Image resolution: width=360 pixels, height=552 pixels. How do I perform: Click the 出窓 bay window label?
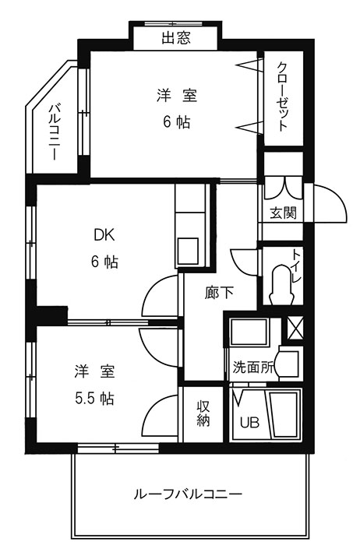point(176,37)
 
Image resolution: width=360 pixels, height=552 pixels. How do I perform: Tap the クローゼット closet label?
point(283,97)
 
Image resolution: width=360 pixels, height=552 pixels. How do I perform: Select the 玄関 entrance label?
point(283,213)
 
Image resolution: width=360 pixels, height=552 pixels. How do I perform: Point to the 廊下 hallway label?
point(219,292)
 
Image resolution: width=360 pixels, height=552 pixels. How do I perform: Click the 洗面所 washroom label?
point(252,367)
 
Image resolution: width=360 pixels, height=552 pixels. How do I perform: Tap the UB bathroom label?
point(249,422)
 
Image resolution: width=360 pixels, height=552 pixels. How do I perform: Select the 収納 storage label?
point(203,413)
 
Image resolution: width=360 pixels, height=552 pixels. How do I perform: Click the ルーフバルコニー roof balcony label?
point(188,494)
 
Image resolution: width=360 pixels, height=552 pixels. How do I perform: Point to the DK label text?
point(104,235)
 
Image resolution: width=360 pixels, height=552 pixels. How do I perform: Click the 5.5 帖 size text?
point(95,399)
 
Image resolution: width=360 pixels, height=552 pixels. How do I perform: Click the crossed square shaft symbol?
point(295,329)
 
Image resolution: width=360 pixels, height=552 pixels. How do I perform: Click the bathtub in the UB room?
point(284,414)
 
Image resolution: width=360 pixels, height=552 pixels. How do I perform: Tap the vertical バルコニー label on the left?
point(54,132)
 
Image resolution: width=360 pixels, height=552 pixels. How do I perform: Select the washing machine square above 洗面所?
point(249,332)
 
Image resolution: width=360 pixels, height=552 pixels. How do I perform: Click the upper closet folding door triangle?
point(249,66)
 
